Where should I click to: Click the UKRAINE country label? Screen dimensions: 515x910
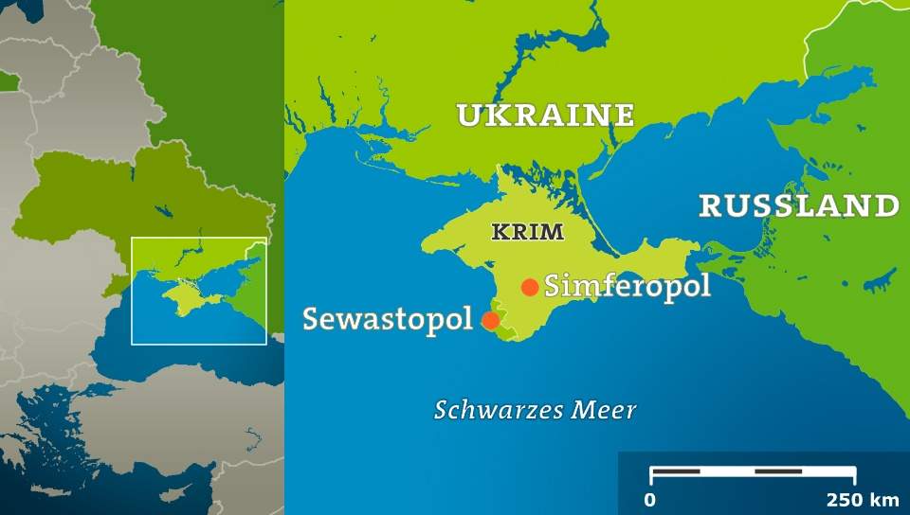click(x=545, y=115)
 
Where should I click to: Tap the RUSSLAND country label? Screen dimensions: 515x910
click(x=798, y=205)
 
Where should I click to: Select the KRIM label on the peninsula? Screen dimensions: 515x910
click(x=527, y=231)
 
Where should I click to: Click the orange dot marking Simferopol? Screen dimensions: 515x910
click(x=530, y=287)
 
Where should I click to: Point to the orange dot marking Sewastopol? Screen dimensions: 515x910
click(x=490, y=320)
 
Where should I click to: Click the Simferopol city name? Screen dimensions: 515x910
click(x=627, y=286)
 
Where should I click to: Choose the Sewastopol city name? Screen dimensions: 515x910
click(x=387, y=319)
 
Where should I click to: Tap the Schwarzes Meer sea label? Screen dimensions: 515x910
click(x=535, y=410)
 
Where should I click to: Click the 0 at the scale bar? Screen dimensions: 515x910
click(x=650, y=499)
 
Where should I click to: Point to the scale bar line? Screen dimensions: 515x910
click(x=753, y=471)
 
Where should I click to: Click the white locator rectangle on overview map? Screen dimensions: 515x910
click(x=199, y=239)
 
